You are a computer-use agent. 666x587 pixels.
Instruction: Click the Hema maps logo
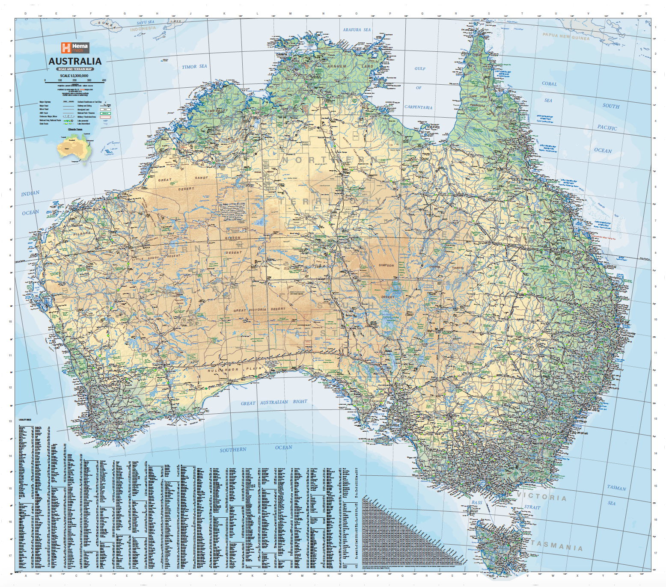pos(75,47)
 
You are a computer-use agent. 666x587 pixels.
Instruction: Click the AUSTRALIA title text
pos(75,62)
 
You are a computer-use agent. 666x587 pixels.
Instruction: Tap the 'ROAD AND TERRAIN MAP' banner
pos(75,69)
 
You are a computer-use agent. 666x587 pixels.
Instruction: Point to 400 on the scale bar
pos(104,80)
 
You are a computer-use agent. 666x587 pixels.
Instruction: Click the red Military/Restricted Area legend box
pos(105,117)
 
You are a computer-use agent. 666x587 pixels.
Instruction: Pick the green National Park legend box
pos(105,113)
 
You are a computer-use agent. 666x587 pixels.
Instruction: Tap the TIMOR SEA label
pos(194,67)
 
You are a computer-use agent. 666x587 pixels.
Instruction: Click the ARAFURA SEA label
pos(357,30)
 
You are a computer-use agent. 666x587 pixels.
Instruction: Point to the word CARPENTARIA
pos(418,107)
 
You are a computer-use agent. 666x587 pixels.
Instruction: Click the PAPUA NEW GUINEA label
pos(566,36)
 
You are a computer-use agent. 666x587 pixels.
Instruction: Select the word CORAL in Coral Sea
pos(549,84)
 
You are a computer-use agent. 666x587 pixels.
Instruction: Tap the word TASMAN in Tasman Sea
pos(616,488)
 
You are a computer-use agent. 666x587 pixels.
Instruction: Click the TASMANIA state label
pos(557,545)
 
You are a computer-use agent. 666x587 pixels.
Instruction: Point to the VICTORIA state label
pos(541,497)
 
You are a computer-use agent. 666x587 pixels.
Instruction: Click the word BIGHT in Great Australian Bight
pos(300,402)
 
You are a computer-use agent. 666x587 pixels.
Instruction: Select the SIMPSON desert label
pos(386,265)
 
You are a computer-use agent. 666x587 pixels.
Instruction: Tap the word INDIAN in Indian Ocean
pos(30,194)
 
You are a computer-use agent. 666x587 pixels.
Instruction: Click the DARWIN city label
pos(282,55)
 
